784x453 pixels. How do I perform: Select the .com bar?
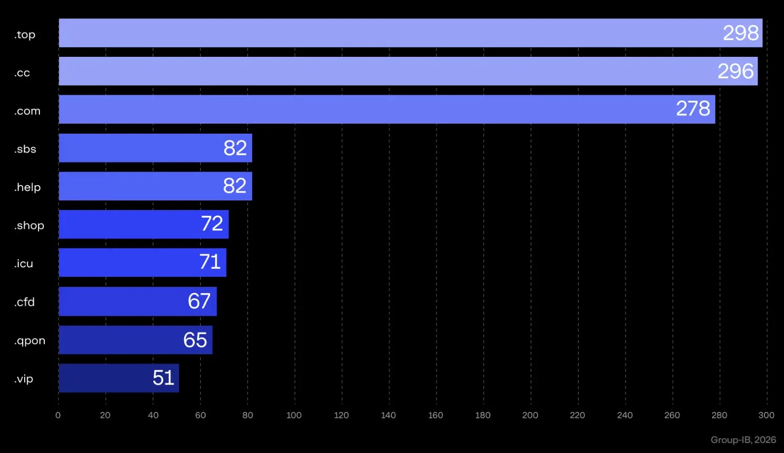tap(369, 109)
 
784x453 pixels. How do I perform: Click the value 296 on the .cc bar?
tap(736, 71)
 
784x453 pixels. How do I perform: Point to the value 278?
tap(693, 109)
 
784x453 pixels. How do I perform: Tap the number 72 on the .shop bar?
tap(212, 224)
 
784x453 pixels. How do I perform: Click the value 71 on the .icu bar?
tap(210, 262)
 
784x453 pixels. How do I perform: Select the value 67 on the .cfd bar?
tap(199, 301)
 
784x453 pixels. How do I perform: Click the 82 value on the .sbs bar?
tap(235, 148)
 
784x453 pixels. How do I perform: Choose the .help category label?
tap(27, 187)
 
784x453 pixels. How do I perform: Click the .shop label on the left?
tap(29, 226)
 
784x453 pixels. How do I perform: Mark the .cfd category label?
tap(25, 302)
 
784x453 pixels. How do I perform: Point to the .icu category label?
tap(24, 264)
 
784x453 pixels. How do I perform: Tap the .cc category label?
tap(22, 73)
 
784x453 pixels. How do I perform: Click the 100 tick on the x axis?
tap(294, 415)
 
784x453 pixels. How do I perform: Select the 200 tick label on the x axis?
tap(530, 415)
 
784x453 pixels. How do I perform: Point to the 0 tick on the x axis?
tap(58, 415)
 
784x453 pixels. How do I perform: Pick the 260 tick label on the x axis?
tap(672, 415)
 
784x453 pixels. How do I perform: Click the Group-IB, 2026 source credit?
tap(743, 440)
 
